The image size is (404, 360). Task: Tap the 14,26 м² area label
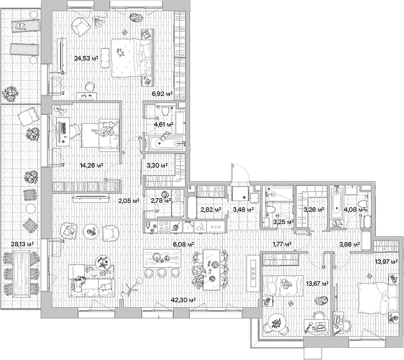pos(91,165)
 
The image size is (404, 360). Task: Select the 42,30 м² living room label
pos(183,300)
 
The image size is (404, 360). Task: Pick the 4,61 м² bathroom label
pos(163,124)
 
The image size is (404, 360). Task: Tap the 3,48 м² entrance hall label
pos(242,210)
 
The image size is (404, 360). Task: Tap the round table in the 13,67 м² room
pos(276,323)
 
